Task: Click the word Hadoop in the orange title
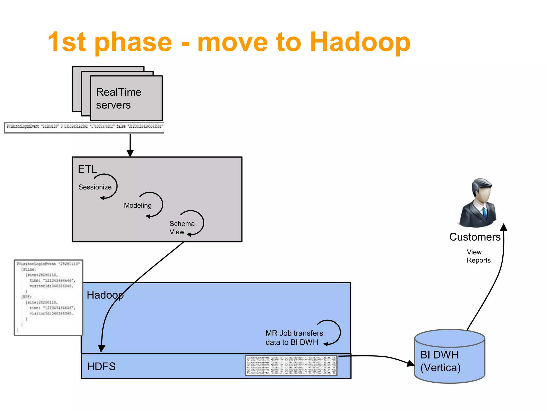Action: [360, 42]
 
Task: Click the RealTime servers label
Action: [118, 98]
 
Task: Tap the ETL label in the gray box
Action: [87, 169]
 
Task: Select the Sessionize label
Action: [95, 187]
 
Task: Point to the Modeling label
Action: [138, 205]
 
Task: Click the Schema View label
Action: [182, 228]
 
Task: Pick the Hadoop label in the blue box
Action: [105, 295]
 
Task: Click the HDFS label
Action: [101, 367]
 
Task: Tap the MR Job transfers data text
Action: [294, 338]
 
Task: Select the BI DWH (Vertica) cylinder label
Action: [440, 361]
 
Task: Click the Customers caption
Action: [475, 237]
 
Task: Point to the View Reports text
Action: [478, 256]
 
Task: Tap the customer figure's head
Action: [482, 190]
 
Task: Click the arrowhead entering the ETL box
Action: [130, 153]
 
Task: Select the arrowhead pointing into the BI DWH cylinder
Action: [410, 363]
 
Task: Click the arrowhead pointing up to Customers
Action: [504, 227]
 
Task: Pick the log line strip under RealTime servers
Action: [84, 128]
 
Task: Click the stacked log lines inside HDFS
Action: [291, 365]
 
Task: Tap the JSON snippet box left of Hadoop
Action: [48, 298]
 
